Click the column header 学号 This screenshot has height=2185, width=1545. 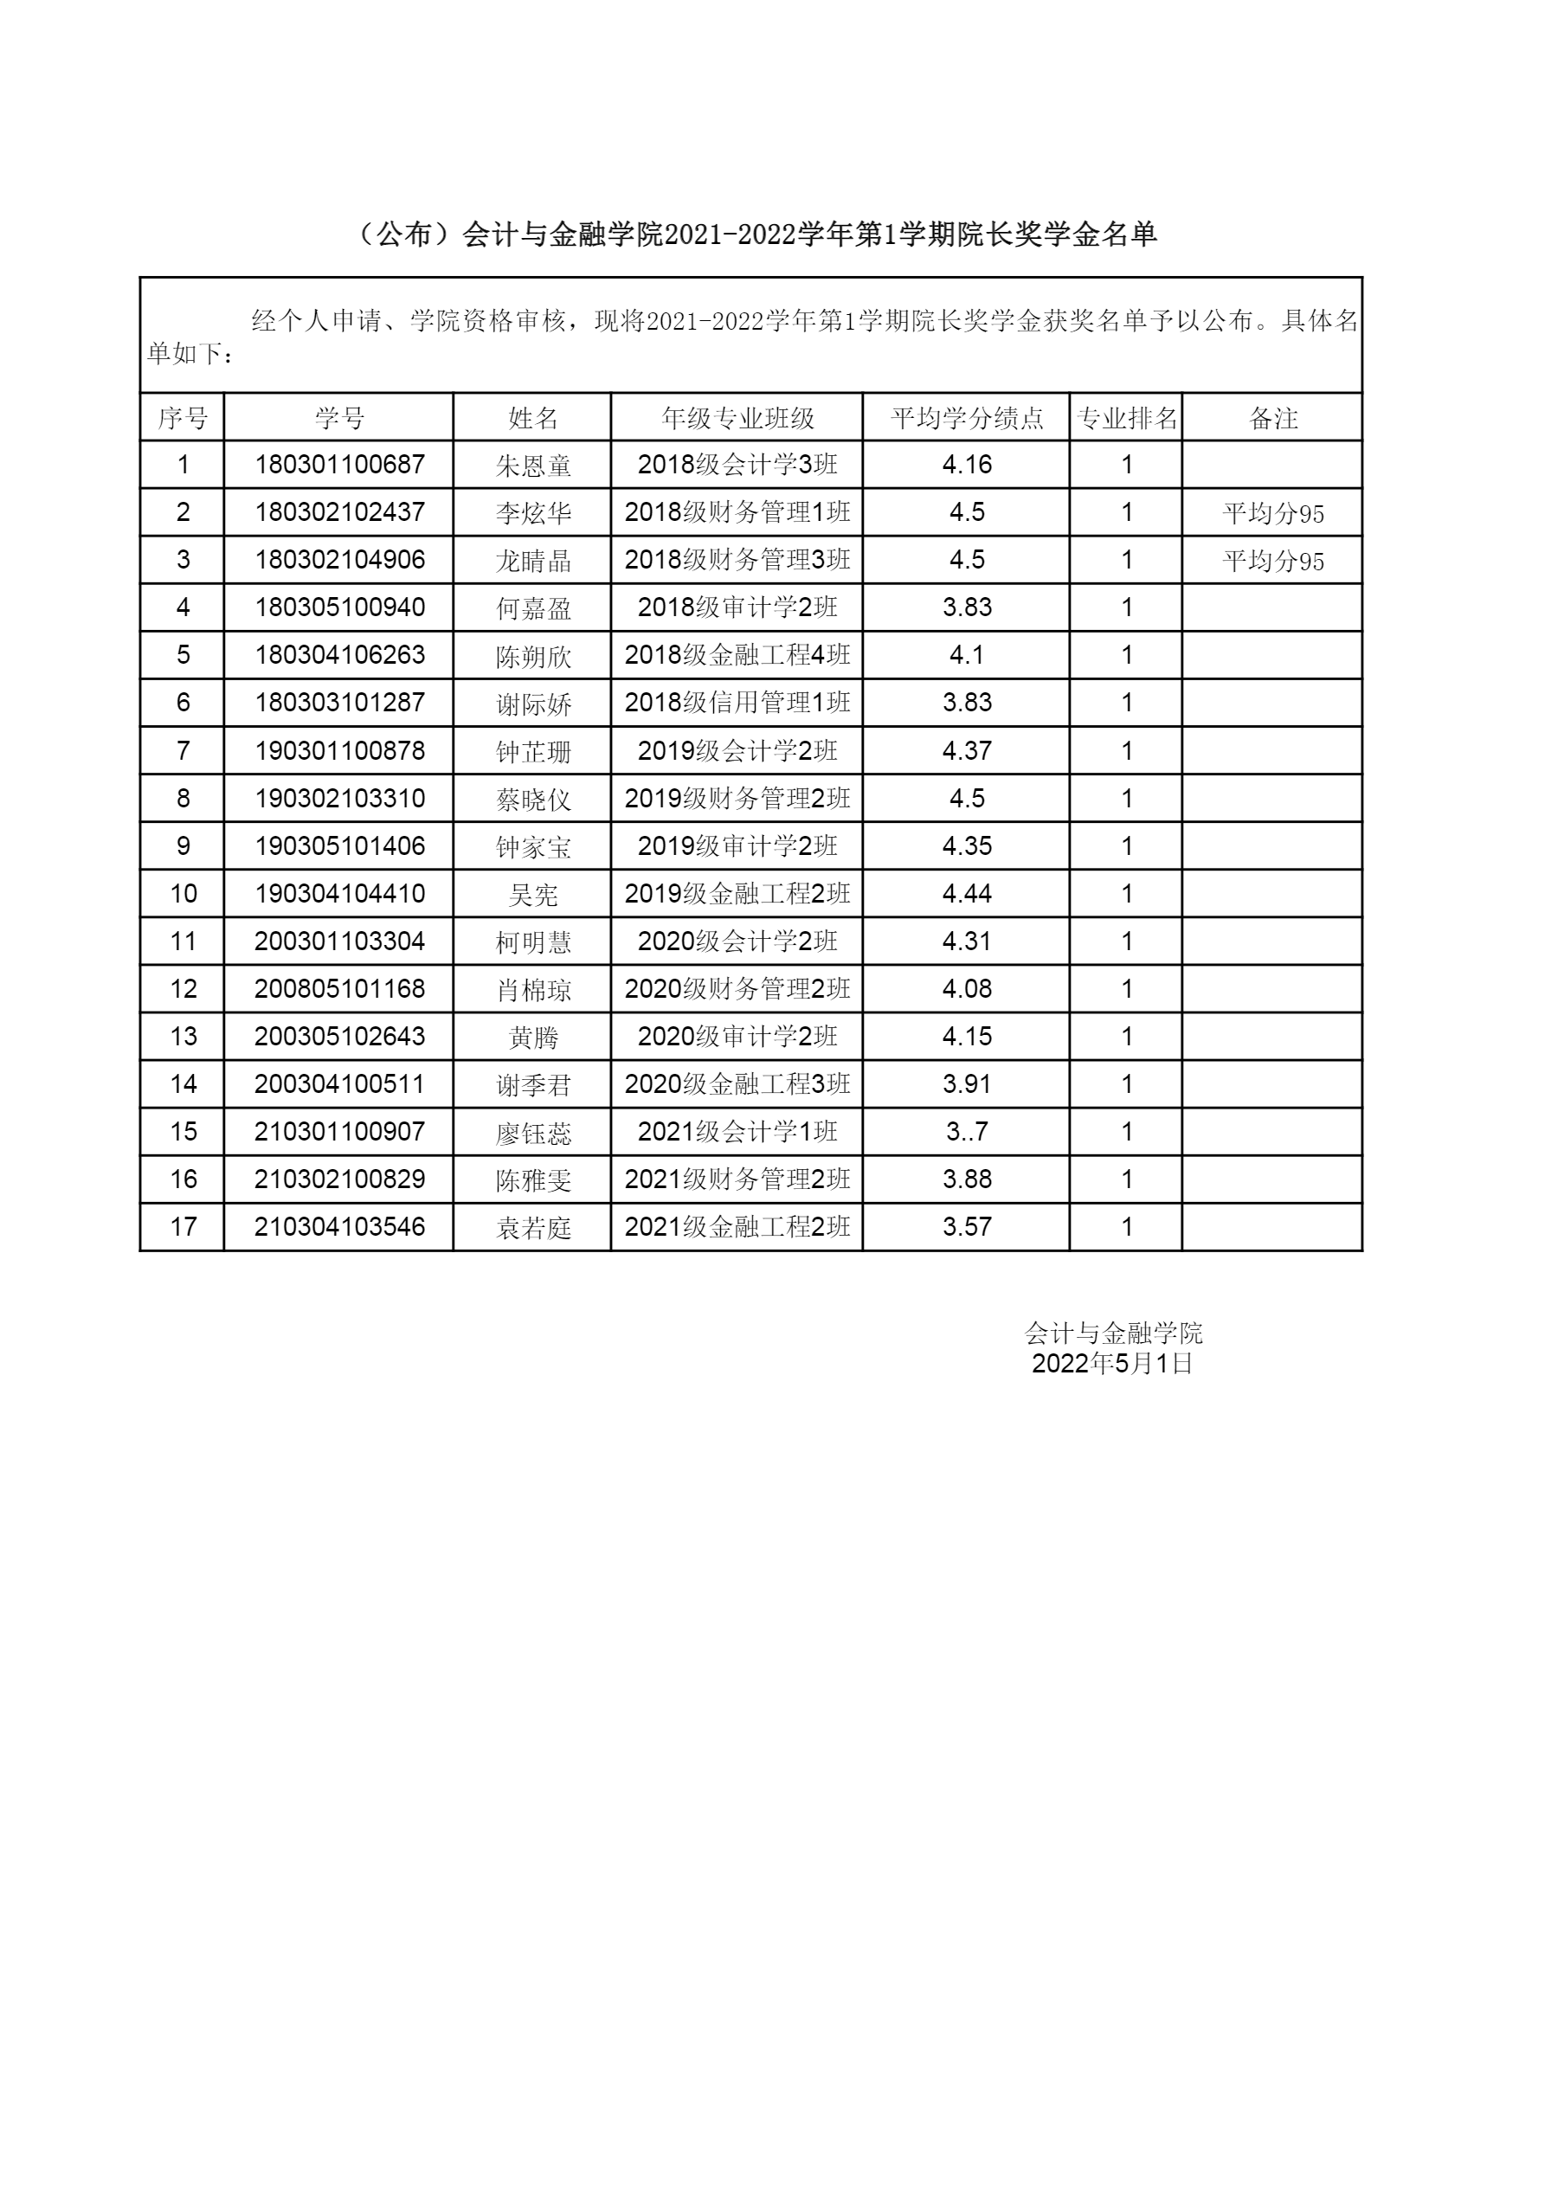point(339,418)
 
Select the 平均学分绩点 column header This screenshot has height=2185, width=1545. point(966,418)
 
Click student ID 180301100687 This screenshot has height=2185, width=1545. point(339,465)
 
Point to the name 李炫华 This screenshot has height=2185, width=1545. point(533,513)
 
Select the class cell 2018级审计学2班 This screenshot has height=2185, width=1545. point(737,607)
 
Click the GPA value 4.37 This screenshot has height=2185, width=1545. point(966,751)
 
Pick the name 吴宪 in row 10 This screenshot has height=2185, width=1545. point(533,895)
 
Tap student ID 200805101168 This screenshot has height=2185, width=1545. point(339,989)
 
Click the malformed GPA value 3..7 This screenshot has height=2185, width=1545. point(966,1132)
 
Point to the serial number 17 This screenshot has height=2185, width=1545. point(183,1227)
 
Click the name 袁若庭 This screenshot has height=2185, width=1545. point(533,1228)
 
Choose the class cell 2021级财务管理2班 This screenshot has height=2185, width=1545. point(737,1179)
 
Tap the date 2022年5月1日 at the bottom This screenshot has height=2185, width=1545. point(1112,1364)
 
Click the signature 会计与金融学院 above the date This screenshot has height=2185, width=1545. point(1112,1333)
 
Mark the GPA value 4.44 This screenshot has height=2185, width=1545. point(966,894)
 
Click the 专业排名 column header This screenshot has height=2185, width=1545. point(1126,418)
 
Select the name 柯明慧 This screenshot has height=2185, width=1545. point(533,942)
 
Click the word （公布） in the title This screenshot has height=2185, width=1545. point(403,235)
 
